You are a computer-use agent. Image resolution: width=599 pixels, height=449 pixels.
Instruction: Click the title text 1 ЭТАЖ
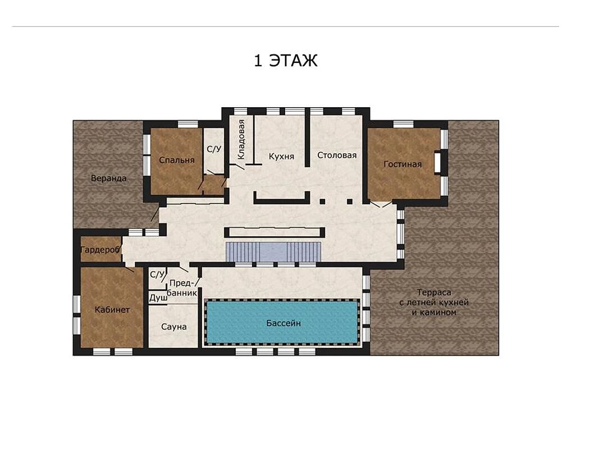pos(286,61)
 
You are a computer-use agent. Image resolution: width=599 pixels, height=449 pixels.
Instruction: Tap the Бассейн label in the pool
pos(284,323)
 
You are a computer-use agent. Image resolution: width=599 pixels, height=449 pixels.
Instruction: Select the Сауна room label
pos(174,327)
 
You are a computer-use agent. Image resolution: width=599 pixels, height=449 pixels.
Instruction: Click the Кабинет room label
pos(112,310)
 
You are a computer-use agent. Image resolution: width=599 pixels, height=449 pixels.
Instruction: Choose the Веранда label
pos(109,178)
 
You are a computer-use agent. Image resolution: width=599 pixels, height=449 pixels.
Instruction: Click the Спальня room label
pos(176,161)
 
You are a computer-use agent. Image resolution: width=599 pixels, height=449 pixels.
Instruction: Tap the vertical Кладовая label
pos(241,140)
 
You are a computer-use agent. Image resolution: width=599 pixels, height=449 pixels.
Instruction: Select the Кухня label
pos(281,157)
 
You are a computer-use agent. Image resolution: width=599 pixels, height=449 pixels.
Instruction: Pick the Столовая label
pos(337,155)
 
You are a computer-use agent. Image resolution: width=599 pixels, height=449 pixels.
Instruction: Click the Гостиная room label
pos(403,164)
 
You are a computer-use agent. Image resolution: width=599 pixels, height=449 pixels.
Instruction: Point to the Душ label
pos(158,298)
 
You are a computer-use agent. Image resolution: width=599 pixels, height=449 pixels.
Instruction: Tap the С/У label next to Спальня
pos(214,149)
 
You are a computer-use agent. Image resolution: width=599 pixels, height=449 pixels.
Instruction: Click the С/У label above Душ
pos(157,274)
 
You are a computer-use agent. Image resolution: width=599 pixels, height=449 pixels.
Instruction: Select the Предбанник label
pos(182,288)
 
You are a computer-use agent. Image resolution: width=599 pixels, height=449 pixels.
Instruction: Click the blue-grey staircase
pos(273,252)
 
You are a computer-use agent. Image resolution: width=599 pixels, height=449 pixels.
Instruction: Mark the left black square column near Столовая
pos(322,201)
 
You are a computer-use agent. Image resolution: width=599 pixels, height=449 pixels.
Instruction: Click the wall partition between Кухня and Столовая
pos(307,140)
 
